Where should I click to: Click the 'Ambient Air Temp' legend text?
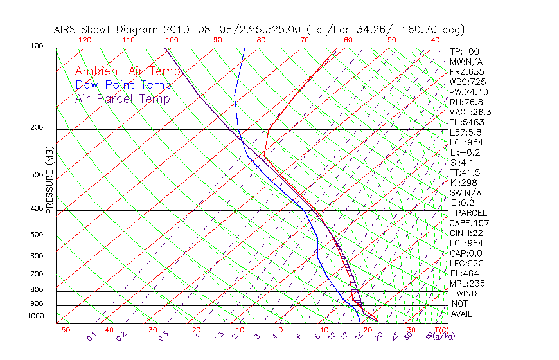click(x=127, y=71)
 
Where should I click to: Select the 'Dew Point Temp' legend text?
click(x=123, y=85)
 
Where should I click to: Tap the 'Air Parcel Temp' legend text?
click(x=122, y=98)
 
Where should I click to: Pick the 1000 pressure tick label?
click(x=36, y=316)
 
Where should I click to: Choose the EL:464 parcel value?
click(x=465, y=273)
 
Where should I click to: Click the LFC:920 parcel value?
click(x=466, y=263)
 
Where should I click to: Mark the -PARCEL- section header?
click(x=471, y=213)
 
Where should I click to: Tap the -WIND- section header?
click(x=467, y=293)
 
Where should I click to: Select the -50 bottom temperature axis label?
click(x=62, y=330)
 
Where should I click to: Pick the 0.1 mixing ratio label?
click(x=91, y=336)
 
